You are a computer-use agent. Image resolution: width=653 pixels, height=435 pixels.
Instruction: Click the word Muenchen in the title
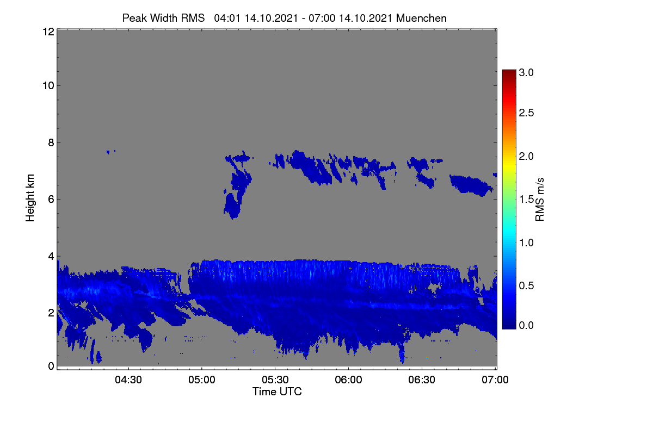421,18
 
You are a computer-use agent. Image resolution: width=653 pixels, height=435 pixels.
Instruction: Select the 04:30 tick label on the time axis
128,380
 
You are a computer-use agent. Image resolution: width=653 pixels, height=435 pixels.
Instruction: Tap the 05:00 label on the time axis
202,380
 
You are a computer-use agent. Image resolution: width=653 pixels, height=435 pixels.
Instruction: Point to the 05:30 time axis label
275,380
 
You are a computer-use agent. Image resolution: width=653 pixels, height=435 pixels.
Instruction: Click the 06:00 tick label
348,380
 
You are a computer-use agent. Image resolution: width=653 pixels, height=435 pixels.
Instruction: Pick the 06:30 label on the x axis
422,380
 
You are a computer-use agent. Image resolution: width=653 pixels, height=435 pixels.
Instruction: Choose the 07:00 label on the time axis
495,380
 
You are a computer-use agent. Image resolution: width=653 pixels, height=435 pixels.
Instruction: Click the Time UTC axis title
277,391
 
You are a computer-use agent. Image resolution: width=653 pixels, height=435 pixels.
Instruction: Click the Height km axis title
30,198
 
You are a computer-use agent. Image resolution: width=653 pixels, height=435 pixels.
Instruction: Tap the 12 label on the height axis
48,32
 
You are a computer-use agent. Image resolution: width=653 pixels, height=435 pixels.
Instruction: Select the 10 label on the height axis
48,86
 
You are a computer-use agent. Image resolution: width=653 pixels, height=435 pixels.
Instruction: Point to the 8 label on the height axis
51,143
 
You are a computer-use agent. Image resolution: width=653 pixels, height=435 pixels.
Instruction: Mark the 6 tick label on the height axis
51,200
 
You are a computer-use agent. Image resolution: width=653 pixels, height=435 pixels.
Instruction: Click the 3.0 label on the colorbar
526,72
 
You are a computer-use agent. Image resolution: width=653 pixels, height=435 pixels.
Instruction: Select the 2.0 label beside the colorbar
526,157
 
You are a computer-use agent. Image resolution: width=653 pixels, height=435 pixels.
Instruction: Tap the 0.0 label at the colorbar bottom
526,326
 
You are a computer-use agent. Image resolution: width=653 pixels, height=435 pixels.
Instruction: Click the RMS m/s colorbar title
540,200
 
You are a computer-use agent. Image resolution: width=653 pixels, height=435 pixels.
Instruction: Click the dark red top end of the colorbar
509,71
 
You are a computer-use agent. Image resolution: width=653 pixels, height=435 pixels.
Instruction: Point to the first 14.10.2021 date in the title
271,18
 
